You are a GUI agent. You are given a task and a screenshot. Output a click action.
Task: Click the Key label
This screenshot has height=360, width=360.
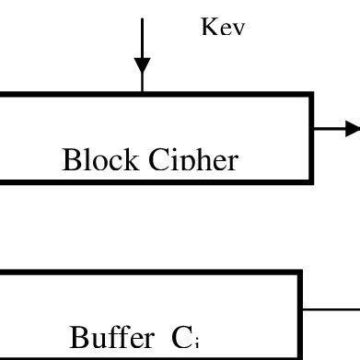[x=223, y=28]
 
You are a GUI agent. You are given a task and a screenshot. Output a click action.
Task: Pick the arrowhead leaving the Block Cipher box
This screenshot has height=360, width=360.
[x=352, y=129]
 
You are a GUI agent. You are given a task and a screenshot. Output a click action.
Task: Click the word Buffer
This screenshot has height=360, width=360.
[x=111, y=338]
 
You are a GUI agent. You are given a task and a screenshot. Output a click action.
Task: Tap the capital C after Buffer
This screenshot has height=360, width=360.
[x=181, y=339]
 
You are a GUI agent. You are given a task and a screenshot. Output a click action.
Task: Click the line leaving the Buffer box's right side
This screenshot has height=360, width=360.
[x=331, y=310]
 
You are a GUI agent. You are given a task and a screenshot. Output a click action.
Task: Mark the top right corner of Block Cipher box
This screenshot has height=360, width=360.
[x=311, y=94]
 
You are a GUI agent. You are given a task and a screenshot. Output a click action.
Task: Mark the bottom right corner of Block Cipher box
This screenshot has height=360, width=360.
[x=311, y=180]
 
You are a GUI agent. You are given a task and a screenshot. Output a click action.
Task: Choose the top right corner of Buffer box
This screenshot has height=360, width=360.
[x=300, y=273]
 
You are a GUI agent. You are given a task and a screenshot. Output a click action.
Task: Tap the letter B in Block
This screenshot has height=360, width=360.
[x=72, y=160]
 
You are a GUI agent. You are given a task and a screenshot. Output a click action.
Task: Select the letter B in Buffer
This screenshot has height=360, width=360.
[x=79, y=338]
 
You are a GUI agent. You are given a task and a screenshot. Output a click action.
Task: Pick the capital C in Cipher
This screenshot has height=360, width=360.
[x=159, y=160]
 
